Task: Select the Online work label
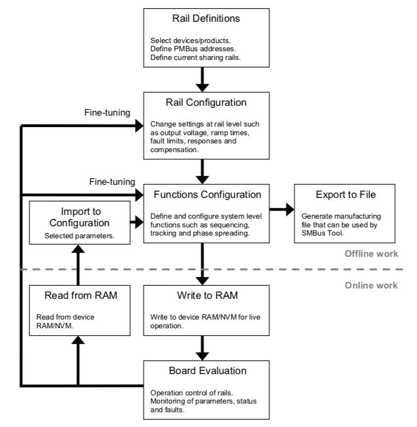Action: (371, 285)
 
